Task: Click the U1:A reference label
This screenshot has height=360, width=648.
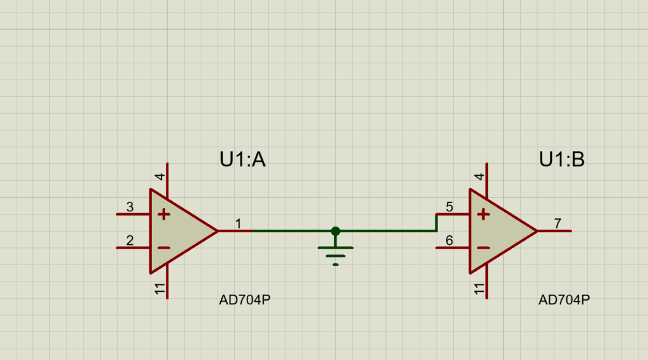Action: coord(242,160)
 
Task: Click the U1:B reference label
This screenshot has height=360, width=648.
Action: coord(561,160)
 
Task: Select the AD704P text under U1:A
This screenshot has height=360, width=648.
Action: coord(245,300)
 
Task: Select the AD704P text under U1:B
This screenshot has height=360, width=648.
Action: coord(564,300)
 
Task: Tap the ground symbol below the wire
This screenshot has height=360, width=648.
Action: coord(335,253)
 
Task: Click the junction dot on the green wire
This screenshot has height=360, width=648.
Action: coord(335,231)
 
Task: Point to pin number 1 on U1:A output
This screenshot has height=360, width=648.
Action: coord(238,223)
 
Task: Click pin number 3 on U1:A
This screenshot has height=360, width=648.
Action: coord(130,207)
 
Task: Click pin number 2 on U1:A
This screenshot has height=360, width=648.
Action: coord(130,240)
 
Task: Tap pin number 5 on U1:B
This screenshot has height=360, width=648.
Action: coord(449,207)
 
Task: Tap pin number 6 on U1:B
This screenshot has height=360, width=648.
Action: coord(449,240)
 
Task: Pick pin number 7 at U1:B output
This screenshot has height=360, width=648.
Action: coord(558,223)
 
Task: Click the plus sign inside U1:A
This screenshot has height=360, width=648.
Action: coord(164,214)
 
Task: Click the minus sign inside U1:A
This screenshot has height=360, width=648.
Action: coord(164,247)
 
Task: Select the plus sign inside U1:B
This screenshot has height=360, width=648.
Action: coord(483,214)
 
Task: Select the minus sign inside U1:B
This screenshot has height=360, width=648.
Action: coord(483,247)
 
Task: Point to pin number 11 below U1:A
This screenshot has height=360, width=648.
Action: coord(160,290)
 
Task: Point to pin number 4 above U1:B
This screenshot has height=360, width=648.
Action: coord(480,177)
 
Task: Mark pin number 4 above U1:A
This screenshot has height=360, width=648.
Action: coord(160,177)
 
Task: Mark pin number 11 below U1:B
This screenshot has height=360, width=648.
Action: coord(480,290)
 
